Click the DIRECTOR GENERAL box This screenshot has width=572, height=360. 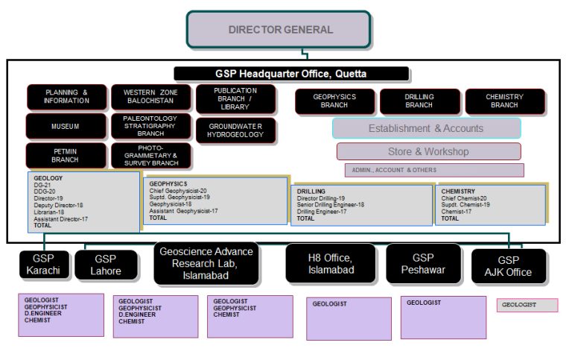tap(279, 30)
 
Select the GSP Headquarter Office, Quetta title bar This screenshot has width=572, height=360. tap(291, 74)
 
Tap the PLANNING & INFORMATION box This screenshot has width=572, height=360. tap(67, 97)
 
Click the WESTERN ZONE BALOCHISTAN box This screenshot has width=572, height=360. tap(150, 97)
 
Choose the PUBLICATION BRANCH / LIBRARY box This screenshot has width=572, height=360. tap(235, 99)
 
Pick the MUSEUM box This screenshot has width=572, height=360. tap(66, 127)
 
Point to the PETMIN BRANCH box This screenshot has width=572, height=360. tap(66, 156)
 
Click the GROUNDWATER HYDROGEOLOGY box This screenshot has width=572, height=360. tap(235, 130)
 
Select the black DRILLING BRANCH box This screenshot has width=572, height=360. tap(419, 101)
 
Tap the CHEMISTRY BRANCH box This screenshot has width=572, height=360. tap(504, 101)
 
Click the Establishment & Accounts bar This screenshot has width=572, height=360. tap(426, 128)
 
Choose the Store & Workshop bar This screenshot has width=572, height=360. tap(428, 151)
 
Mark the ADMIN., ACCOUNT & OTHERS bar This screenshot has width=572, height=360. tap(433, 170)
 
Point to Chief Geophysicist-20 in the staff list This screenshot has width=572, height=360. tap(178, 191)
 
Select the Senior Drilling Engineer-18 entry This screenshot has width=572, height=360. tap(331, 205)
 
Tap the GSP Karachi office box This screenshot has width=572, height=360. tap(45, 265)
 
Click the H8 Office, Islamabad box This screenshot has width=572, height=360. tap(331, 263)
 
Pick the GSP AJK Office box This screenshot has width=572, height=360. tap(509, 266)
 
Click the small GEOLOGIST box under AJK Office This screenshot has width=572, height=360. tap(527, 305)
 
